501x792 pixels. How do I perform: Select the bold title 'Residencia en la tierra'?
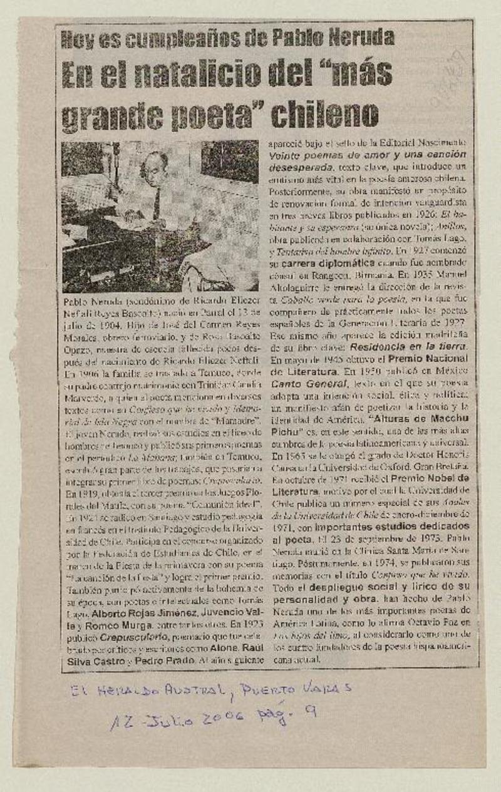tap(408, 346)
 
